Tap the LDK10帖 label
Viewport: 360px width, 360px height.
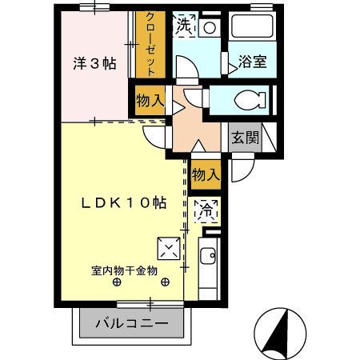point(124,203)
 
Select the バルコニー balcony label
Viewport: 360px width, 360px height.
point(132,324)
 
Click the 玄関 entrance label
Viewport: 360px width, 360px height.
point(246,137)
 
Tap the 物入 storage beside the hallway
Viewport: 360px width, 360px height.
point(150,102)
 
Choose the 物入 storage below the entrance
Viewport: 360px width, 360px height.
point(206,174)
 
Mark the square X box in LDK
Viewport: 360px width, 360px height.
point(169,248)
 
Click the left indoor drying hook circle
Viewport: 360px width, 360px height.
point(118,282)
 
